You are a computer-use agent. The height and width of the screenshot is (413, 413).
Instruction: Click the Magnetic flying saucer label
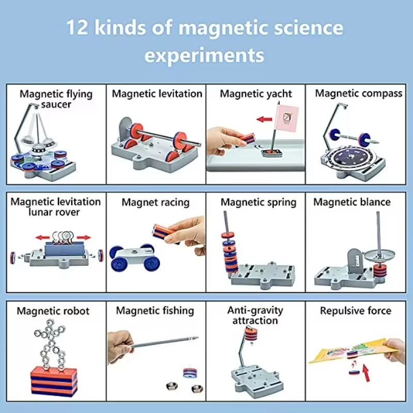(56, 99)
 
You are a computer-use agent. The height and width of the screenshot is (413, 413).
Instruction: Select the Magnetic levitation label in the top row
(157, 93)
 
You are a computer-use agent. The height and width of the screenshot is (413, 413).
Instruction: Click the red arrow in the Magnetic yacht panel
(264, 119)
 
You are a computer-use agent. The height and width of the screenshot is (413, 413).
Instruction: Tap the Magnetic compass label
(358, 93)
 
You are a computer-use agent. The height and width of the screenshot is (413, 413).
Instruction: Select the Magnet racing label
(155, 202)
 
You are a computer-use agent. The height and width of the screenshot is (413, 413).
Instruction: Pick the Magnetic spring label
(259, 202)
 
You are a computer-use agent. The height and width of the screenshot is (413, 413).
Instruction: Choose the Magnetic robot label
(53, 311)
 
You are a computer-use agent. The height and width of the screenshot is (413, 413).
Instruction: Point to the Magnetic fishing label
(155, 311)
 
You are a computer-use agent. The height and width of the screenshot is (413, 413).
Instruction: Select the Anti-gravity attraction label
(255, 315)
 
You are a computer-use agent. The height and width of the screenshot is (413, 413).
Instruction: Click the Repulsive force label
(356, 311)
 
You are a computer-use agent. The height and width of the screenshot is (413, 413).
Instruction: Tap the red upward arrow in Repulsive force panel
(366, 371)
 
